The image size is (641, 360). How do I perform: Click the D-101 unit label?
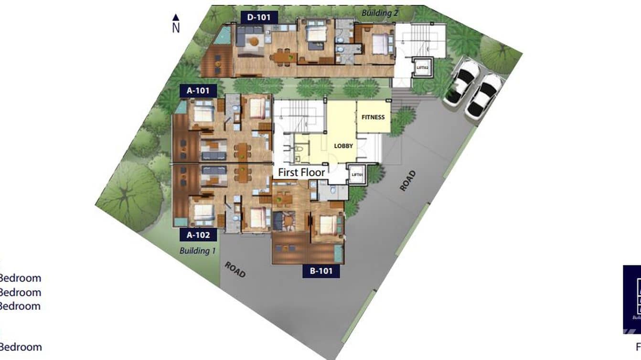coord(259,18)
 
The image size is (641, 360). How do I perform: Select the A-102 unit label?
coord(198,234)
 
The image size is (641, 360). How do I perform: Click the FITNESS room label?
coord(373,117)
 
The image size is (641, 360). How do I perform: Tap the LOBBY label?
coord(343,146)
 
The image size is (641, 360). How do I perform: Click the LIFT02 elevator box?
coord(423,67)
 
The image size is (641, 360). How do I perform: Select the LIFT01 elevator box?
coord(357,175)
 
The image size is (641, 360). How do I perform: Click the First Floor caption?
coord(301,172)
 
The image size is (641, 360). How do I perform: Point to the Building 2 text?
coord(380,13)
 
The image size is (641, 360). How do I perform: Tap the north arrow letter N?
coord(176,28)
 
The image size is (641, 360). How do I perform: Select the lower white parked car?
coord(483,96)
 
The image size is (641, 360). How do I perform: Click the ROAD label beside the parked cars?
coord(407,181)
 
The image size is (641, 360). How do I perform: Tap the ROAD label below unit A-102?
coord(235,270)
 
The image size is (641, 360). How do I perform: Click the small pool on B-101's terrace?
coord(339,253)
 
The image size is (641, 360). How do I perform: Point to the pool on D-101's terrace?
coord(222,36)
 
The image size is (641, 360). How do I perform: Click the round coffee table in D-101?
coord(253,42)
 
